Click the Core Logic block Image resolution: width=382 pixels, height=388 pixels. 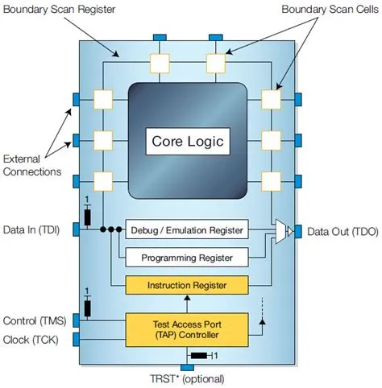(189, 142)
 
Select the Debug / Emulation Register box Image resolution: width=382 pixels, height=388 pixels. (186, 230)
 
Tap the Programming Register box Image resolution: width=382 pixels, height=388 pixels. (186, 258)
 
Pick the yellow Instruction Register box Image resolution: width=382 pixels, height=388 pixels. (186, 286)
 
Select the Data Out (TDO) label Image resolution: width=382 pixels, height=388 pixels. (340, 232)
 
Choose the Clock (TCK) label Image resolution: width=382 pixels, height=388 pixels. (31, 339)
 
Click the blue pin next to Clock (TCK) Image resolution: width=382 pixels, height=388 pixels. (77, 339)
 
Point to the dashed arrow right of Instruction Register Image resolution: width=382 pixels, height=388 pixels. (261, 310)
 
